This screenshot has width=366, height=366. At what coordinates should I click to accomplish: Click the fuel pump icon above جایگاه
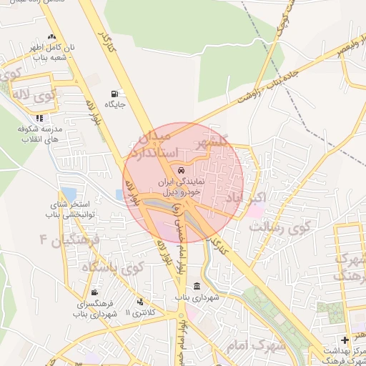(115, 94)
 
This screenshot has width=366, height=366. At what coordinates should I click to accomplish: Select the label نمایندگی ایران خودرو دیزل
(183, 188)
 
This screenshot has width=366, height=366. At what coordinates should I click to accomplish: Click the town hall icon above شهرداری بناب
(197, 286)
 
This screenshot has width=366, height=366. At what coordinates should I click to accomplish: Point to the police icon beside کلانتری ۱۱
(140, 302)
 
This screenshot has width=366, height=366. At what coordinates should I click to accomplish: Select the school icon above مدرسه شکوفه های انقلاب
(39, 118)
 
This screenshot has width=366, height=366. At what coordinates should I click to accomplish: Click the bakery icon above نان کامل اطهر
(51, 37)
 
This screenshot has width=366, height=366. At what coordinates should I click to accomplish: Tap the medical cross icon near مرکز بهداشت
(346, 340)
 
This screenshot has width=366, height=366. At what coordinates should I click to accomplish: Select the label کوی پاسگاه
(113, 267)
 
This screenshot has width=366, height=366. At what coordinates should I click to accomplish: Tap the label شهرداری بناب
(197, 297)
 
